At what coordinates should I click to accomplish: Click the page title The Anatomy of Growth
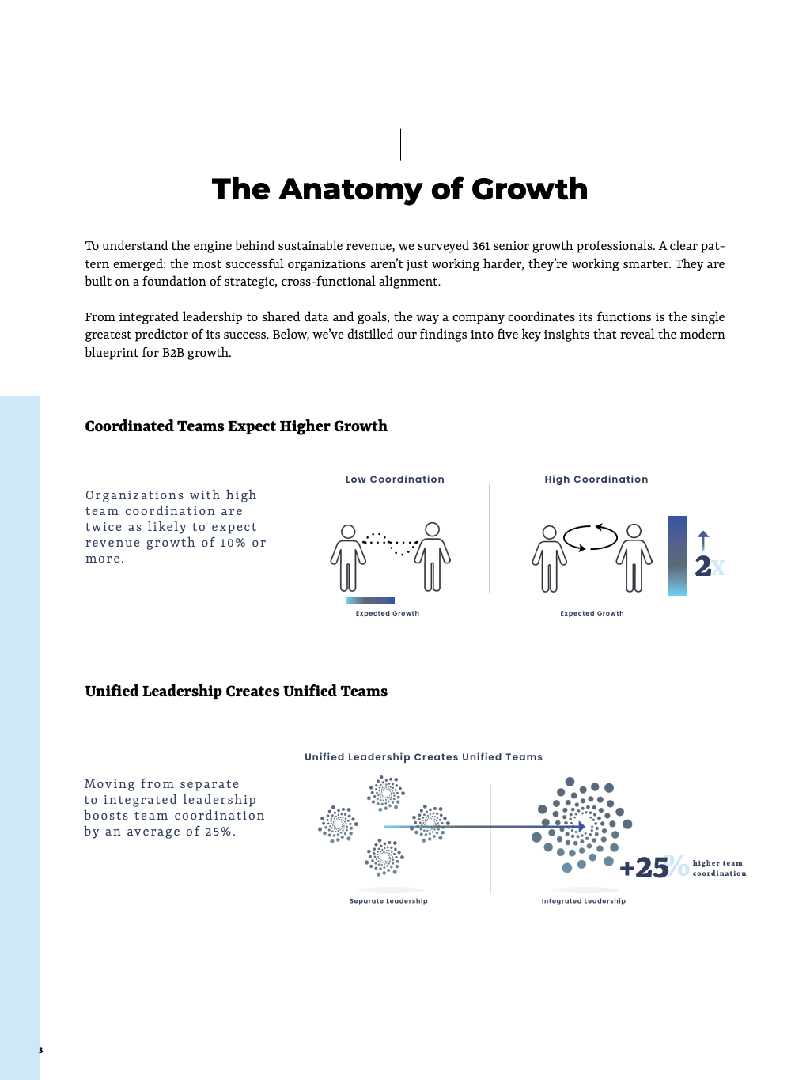click(399, 189)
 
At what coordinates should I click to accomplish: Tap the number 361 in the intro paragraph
click(481, 246)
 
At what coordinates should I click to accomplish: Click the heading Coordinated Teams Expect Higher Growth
click(236, 426)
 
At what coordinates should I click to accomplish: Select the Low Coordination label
click(395, 479)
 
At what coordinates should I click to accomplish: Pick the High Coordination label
click(596, 479)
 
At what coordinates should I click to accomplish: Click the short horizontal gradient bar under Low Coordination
click(370, 600)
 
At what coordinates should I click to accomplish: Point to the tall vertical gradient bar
click(677, 555)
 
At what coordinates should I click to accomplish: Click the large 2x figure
click(710, 567)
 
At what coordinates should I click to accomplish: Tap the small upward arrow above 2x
click(703, 540)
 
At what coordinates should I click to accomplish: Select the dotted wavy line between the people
click(390, 543)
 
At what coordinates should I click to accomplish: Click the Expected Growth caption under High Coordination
click(592, 613)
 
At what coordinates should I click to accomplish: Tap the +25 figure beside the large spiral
click(644, 867)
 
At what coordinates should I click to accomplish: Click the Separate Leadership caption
click(388, 901)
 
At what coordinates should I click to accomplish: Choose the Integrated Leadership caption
click(583, 901)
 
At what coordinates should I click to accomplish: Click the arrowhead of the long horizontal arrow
click(582, 827)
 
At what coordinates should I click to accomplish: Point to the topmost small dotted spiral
click(386, 794)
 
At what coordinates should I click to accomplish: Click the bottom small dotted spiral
click(384, 858)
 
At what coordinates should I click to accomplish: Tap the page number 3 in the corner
click(40, 1050)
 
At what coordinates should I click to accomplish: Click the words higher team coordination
click(719, 869)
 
